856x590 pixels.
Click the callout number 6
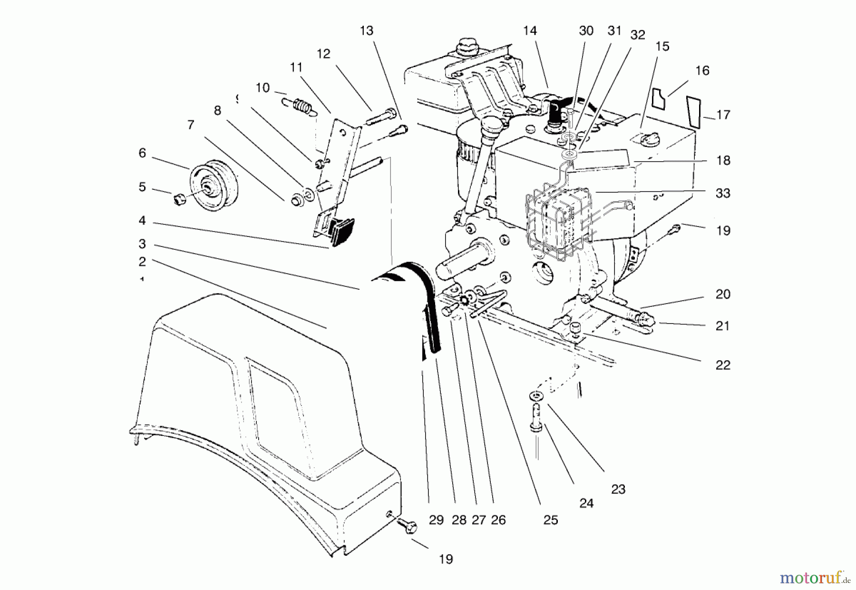142,153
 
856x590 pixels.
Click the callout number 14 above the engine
529,31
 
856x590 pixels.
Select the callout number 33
722,193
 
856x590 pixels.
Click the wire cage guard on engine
559,221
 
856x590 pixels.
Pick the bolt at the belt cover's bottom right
408,526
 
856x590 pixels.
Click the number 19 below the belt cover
445,559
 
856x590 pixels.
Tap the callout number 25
550,520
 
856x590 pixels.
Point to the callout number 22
722,365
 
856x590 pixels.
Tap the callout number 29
436,520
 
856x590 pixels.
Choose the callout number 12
323,54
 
